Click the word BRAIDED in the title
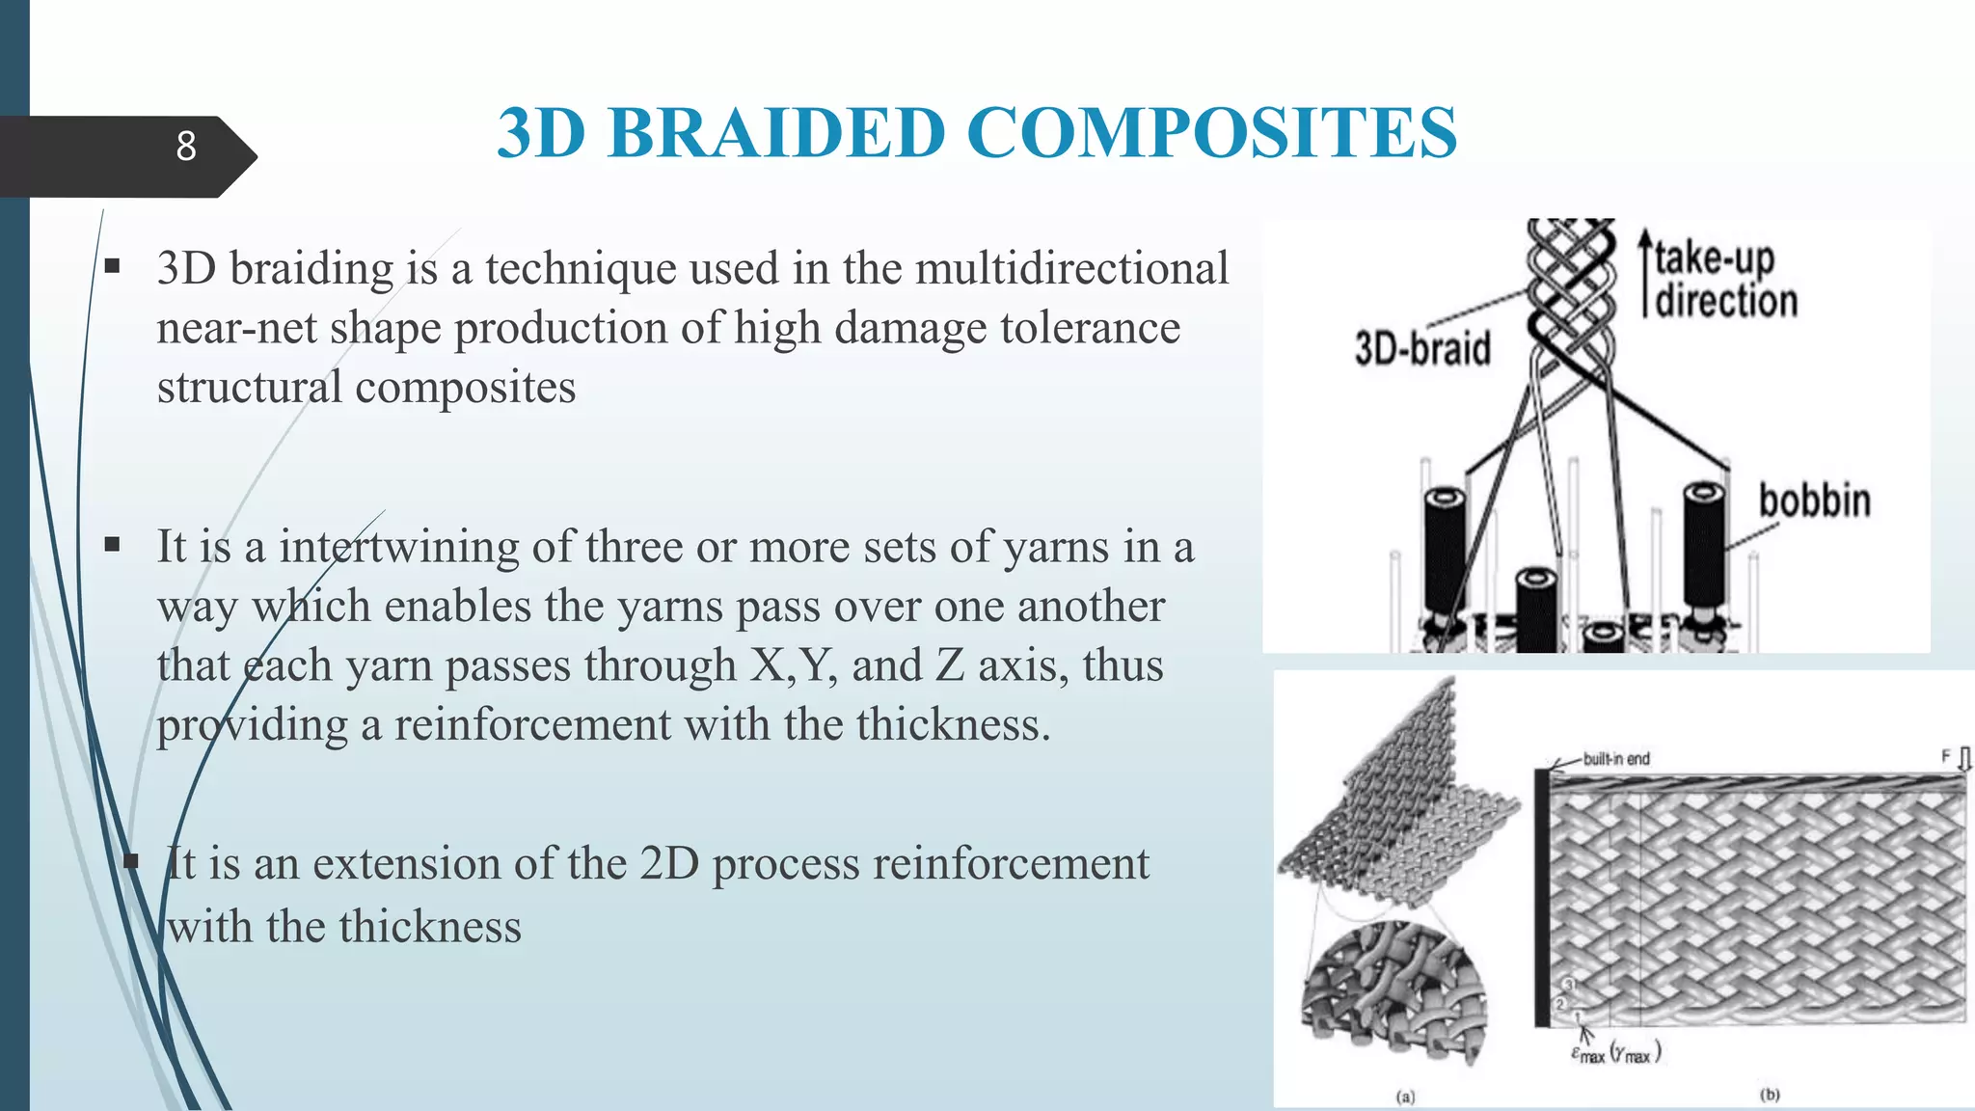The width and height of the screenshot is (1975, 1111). (x=775, y=133)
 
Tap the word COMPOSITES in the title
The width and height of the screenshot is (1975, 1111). (x=1211, y=133)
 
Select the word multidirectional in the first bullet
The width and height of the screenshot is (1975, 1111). (x=1071, y=269)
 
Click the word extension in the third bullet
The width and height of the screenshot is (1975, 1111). (x=405, y=863)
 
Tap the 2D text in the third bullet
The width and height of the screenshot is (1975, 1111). (x=668, y=863)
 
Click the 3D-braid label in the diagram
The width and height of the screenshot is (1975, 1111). (x=1422, y=348)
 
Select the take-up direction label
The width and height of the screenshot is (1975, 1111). (x=1724, y=280)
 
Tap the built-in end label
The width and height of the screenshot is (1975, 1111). (x=1616, y=759)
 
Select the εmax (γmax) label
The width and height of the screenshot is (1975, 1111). (x=1615, y=1053)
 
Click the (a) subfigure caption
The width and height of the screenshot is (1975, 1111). (x=1405, y=1097)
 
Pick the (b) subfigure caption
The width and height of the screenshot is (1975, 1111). (x=1770, y=1095)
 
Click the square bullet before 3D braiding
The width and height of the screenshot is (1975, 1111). (x=112, y=266)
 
